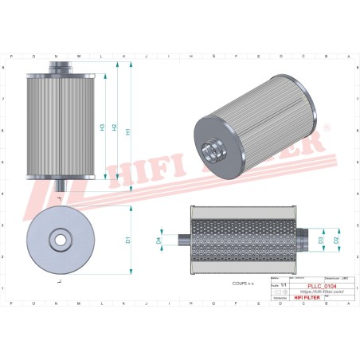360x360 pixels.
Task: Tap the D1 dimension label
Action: (x=127, y=240)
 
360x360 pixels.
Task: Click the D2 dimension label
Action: (x=337, y=239)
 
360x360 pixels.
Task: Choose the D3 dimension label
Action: (x=321, y=239)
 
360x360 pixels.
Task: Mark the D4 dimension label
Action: (x=158, y=239)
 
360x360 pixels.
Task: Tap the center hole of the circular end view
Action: (x=60, y=239)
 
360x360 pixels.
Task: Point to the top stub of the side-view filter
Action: (x=61, y=66)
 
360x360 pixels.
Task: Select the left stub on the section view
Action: (x=182, y=239)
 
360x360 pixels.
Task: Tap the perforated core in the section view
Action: (x=247, y=239)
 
